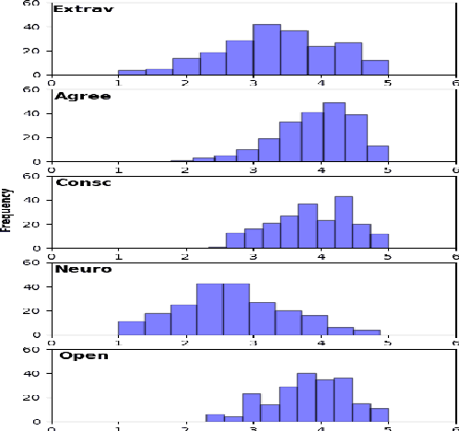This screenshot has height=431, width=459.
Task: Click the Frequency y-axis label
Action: point(7,209)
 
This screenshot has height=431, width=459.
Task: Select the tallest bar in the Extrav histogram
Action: point(266,50)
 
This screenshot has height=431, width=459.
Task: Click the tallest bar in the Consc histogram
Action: point(344,222)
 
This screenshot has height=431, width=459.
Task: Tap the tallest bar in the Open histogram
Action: point(306,398)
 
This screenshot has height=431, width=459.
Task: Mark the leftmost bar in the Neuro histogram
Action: point(131,328)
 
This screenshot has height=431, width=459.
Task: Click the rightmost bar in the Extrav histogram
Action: point(375,67)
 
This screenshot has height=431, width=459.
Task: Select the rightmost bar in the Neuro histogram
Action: point(367,332)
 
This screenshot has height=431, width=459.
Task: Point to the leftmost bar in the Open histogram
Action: point(215,418)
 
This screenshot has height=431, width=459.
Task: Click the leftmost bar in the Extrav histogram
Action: point(132,72)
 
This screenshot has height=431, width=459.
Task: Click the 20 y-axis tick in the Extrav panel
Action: point(31,51)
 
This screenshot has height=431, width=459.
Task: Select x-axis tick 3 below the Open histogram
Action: point(253,429)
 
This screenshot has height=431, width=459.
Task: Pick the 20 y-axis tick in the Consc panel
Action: point(31,224)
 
